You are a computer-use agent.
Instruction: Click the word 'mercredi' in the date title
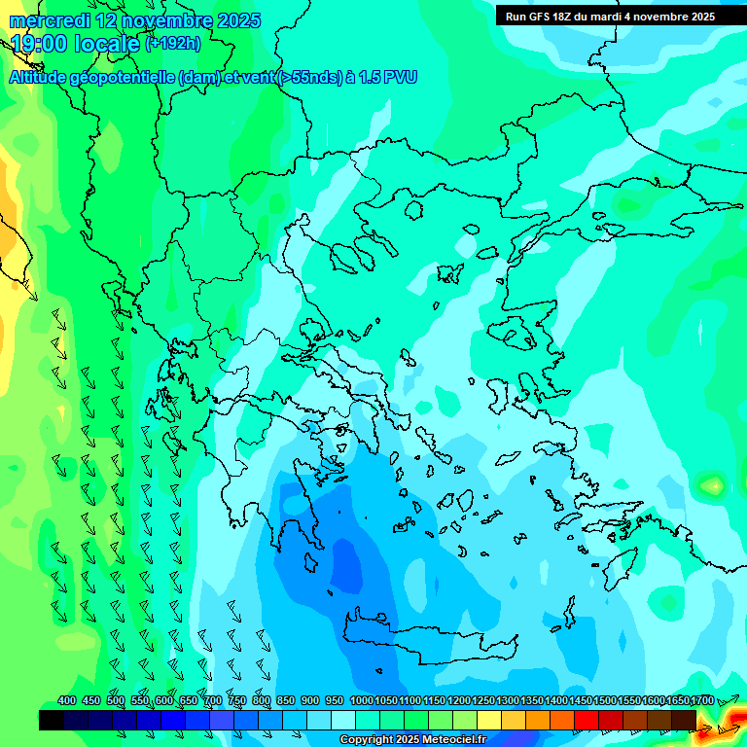(x=50, y=20)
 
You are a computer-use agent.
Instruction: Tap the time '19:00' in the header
(x=38, y=44)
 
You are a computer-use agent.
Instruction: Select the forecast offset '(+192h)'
(x=173, y=44)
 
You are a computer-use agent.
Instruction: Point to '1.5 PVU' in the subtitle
(x=387, y=78)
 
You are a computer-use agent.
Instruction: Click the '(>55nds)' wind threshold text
(x=309, y=78)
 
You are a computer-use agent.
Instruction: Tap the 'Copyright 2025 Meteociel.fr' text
(x=413, y=740)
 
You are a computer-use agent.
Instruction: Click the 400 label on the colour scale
(x=67, y=700)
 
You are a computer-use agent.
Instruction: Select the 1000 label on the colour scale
(x=361, y=700)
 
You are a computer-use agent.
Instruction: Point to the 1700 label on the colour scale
(x=701, y=700)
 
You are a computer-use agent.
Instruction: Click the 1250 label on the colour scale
(x=482, y=700)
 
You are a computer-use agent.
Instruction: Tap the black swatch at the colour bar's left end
(x=52, y=720)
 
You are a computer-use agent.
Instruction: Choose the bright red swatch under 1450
(x=587, y=720)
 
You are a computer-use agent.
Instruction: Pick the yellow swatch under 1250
(x=489, y=720)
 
